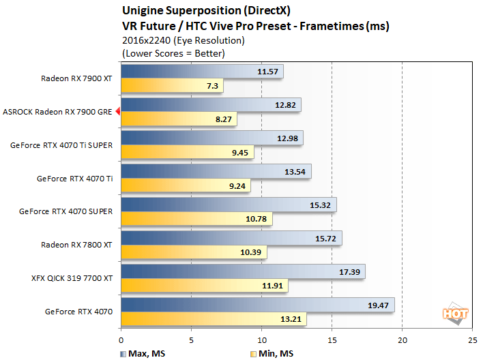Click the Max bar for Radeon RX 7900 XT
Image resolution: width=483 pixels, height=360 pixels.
click(201, 72)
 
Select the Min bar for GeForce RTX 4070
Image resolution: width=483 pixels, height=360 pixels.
click(214, 318)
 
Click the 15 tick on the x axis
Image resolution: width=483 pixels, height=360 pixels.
click(332, 340)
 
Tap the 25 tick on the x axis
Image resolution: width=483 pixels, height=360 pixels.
click(472, 340)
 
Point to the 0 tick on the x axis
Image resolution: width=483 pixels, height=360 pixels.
click(121, 340)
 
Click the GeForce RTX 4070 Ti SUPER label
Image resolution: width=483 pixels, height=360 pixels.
click(63, 145)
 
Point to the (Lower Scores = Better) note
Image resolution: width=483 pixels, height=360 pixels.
click(173, 52)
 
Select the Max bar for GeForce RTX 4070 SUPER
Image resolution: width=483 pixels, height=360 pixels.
click(229, 205)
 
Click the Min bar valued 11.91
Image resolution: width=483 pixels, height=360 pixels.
click(205, 285)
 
